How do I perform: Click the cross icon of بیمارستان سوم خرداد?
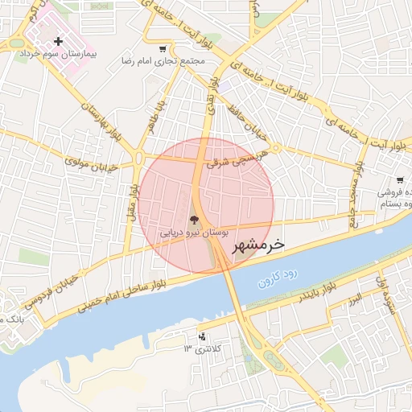coord(58,41)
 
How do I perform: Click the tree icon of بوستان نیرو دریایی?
coord(193,219)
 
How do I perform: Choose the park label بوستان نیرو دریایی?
coord(193,232)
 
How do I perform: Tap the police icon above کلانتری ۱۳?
coord(201,336)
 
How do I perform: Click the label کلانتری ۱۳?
coord(201,348)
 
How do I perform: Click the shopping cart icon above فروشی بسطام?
coord(400,181)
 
